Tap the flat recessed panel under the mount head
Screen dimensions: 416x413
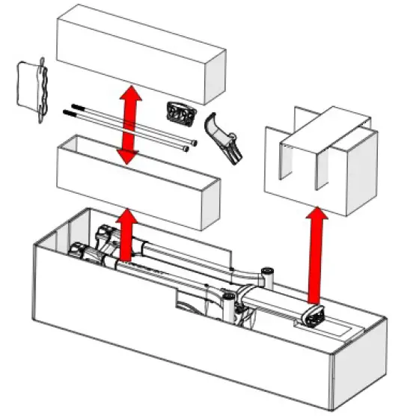[x=340, y=325]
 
